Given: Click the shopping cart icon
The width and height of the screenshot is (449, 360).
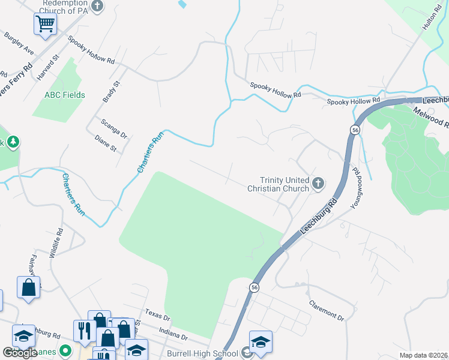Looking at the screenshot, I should (46, 25).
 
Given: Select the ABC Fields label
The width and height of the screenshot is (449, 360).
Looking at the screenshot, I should (65, 95).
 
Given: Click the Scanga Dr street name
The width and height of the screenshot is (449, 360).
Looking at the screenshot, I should (114, 128).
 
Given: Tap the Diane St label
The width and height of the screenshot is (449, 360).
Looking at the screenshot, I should (106, 143).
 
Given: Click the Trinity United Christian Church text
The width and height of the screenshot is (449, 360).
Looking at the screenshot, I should (284, 184).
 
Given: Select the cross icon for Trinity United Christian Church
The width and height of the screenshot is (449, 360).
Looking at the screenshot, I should (318, 183).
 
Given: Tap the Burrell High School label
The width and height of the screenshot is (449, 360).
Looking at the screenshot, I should (202, 353).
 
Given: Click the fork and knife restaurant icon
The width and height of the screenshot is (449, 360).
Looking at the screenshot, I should (82, 329).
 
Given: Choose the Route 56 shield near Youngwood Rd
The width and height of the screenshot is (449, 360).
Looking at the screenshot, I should (355, 130).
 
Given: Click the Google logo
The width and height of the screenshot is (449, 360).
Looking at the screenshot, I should (20, 352).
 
